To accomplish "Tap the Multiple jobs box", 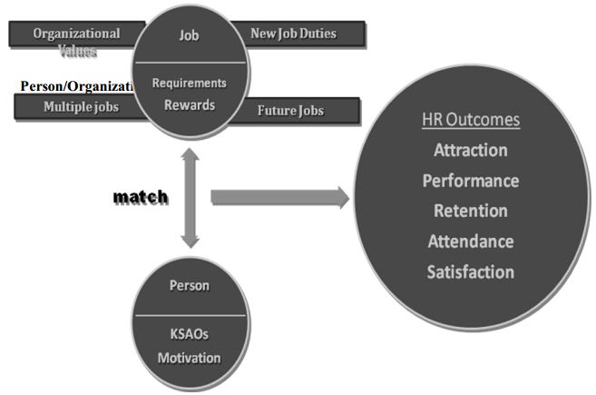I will click(x=80, y=108).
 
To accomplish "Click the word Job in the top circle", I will click(x=190, y=36).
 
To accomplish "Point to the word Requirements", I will click(x=190, y=84).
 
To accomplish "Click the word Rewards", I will click(x=190, y=104).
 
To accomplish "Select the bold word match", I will click(x=140, y=197).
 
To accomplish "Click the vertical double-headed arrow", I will click(x=190, y=197).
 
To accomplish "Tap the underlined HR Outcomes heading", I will click(x=470, y=120).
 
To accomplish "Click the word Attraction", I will click(x=470, y=150).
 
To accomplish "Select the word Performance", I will click(x=470, y=181).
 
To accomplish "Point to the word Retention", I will click(x=470, y=211).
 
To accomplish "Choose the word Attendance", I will click(x=470, y=242).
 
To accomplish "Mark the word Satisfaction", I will click(x=470, y=272).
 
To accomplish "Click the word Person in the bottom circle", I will click(x=190, y=285).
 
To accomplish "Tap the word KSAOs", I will click(x=190, y=334).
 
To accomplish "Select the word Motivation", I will click(x=190, y=357).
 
